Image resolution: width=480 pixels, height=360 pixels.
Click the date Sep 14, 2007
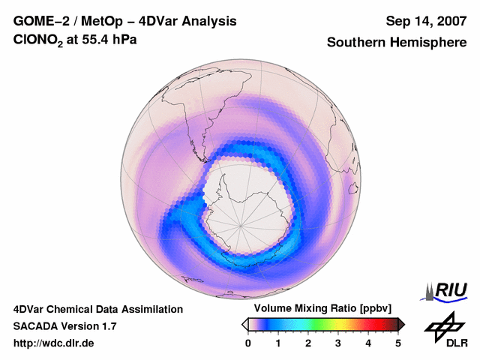[425, 21]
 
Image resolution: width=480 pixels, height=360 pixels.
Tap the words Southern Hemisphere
[397, 43]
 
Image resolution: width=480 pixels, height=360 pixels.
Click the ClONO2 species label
[42, 43]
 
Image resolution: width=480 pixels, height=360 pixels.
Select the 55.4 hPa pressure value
[109, 42]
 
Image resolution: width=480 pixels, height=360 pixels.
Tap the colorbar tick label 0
[248, 343]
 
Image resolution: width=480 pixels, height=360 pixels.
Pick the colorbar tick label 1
[278, 343]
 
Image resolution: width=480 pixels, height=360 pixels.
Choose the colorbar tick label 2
[308, 343]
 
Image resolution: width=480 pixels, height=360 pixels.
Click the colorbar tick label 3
[338, 343]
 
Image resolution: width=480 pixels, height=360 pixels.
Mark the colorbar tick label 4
[368, 343]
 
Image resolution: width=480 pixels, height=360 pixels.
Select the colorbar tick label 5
[398, 343]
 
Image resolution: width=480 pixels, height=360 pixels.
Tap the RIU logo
[448, 290]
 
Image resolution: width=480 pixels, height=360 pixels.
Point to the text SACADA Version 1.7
[64, 326]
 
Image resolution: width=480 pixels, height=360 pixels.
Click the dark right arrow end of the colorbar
[401, 324]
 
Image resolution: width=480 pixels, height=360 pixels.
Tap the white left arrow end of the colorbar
[244, 324]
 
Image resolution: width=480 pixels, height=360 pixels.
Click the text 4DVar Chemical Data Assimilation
[97, 309]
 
